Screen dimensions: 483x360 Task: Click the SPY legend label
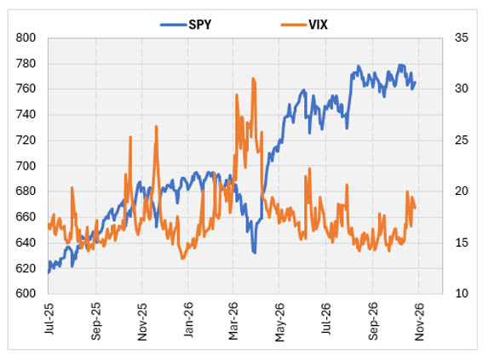tap(200, 25)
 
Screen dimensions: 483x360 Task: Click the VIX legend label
tap(318, 25)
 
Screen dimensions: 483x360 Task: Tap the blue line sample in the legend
tap(174, 25)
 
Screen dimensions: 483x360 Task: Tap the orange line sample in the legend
tap(294, 25)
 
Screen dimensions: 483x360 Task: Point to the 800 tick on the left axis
tap(26, 37)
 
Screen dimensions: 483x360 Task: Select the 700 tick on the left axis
tap(26, 166)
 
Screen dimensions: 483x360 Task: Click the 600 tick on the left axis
tap(26, 294)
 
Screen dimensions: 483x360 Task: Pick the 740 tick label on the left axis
tap(26, 114)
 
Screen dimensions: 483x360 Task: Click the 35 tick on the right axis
tap(462, 37)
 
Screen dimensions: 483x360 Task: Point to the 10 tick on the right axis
tap(462, 294)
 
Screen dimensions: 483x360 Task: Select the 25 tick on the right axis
tap(462, 140)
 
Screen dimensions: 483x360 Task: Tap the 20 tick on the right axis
tap(462, 191)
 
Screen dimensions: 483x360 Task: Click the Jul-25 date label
tap(49, 319)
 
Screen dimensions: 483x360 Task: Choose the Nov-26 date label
tap(419, 322)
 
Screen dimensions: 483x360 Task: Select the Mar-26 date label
tap(233, 321)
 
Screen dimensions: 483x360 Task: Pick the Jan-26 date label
tap(188, 320)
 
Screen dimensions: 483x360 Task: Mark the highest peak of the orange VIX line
tap(253, 78)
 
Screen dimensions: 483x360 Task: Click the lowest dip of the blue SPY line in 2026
tap(254, 253)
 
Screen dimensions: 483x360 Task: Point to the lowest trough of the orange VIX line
tap(182, 258)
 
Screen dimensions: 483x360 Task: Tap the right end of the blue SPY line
tap(415, 83)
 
